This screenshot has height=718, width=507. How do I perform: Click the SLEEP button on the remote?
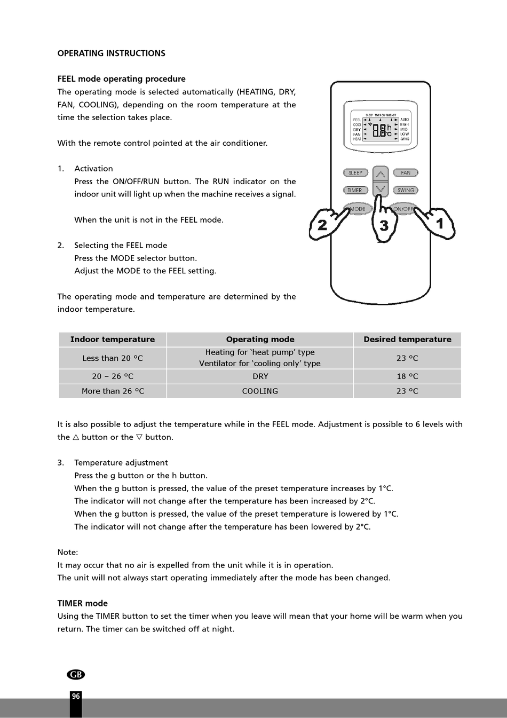point(355,173)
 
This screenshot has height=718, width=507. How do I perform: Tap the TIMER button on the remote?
point(355,190)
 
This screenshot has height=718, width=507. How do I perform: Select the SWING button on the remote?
point(406,190)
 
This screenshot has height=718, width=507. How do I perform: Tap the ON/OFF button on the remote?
point(402,209)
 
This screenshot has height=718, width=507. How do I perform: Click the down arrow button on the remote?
point(381,189)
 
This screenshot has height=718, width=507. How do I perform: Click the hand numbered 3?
point(383,221)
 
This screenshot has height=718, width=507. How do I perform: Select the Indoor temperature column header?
point(113,340)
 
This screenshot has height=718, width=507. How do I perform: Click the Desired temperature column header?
point(407,340)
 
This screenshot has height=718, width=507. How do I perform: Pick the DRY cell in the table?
point(260,376)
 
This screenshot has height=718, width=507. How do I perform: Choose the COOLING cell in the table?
point(260,391)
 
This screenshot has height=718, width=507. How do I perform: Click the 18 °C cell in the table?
point(407,376)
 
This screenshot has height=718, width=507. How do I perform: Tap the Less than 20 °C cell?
point(113,358)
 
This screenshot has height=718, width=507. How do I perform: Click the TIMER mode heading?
point(82,603)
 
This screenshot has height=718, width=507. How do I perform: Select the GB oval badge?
point(76,675)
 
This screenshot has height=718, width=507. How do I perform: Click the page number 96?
point(76,696)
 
